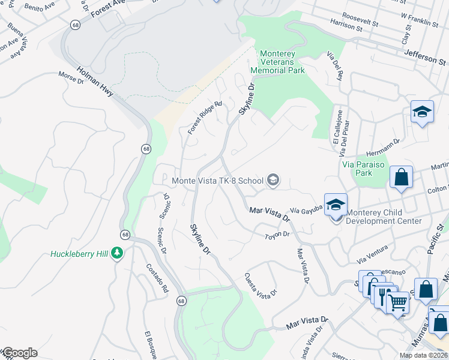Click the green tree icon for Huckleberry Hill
pyautogui.click(x=118, y=253)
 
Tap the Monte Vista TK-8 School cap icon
pyautogui.click(x=273, y=179)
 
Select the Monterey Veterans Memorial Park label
pyautogui.click(x=282, y=62)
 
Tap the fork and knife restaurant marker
pyautogui.click(x=384, y=296)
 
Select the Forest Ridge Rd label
pyautogui.click(x=204, y=117)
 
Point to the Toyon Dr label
pyautogui.click(x=277, y=235)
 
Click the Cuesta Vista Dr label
pyautogui.click(x=261, y=284)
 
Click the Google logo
pyautogui.click(x=19, y=353)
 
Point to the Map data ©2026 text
pyautogui.click(x=423, y=355)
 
